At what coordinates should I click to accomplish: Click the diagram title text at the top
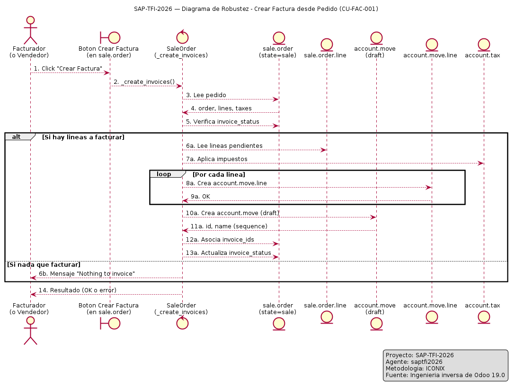pyautogui.click(x=256, y=9)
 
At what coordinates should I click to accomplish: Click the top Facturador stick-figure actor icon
pyautogui.click(x=30, y=30)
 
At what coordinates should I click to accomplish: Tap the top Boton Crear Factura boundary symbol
pyautogui.click(x=110, y=38)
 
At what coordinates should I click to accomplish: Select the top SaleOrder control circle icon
pyautogui.click(x=182, y=37)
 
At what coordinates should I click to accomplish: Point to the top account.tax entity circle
pyautogui.click(x=484, y=45)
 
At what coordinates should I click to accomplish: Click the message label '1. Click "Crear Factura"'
pyautogui.click(x=68, y=68)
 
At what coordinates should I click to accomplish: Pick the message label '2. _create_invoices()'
pyautogui.click(x=144, y=81)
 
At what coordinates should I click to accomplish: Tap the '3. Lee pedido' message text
pyautogui.click(x=206, y=95)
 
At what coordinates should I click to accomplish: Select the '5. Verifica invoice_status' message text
pyautogui.click(x=222, y=122)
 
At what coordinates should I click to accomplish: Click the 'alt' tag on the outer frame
pyautogui.click(x=17, y=137)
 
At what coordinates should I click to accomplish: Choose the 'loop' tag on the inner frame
pyautogui.click(x=164, y=174)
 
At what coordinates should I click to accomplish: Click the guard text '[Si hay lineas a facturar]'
pyautogui.click(x=83, y=137)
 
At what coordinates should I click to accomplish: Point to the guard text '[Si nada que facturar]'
pyautogui.click(x=44, y=264)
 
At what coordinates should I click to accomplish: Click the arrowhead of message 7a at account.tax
pyautogui.click(x=481, y=163)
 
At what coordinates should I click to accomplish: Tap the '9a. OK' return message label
pyautogui.click(x=200, y=196)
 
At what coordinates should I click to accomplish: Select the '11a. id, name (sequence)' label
pyautogui.click(x=229, y=226)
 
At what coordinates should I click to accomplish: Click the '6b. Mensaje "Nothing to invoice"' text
pyautogui.click(x=87, y=273)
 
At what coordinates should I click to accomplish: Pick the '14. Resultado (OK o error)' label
pyautogui.click(x=78, y=290)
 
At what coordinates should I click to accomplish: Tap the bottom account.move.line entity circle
pyautogui.click(x=432, y=317)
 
